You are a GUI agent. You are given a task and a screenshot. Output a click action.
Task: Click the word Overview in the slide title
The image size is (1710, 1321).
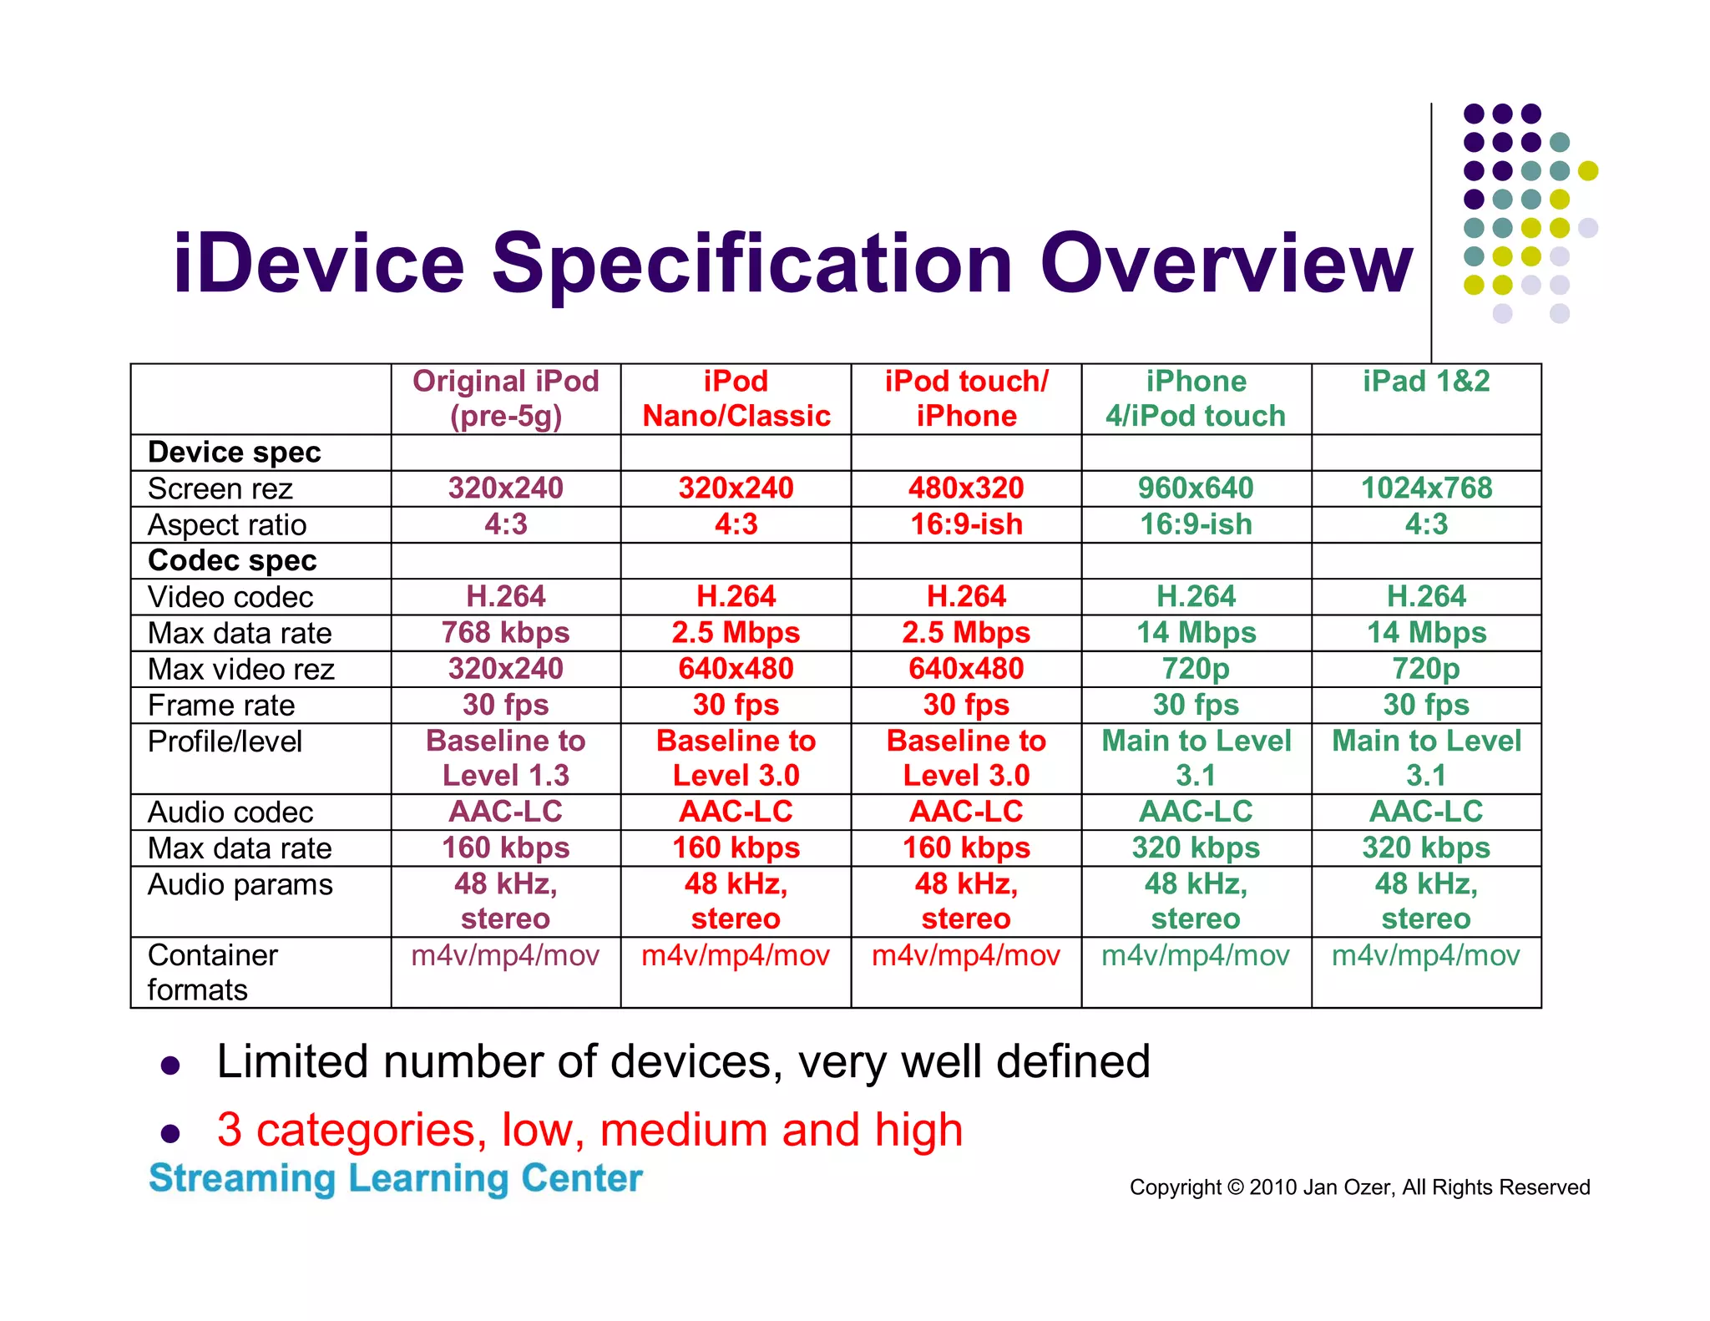coord(1225,265)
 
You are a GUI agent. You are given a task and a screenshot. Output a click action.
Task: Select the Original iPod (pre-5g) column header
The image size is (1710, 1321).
coord(506,398)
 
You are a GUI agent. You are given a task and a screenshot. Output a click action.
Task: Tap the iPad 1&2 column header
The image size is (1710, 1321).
coord(1426,382)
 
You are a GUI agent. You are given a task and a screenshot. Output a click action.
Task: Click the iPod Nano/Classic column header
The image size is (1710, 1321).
coord(736,398)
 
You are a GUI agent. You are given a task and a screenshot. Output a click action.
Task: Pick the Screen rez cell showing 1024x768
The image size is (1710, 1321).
coord(1426,488)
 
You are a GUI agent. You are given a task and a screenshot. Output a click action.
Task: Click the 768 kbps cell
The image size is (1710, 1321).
coord(506,633)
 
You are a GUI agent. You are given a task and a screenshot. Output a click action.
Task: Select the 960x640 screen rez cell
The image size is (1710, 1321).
coord(1196,488)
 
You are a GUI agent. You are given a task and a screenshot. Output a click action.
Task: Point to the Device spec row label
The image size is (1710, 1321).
coord(235,453)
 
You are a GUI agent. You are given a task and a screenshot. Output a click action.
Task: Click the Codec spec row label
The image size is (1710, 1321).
coord(232,560)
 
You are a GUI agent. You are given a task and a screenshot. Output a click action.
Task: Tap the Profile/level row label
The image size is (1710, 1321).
coord(225,741)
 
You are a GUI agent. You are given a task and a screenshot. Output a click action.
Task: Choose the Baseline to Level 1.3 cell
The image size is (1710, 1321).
coord(506,758)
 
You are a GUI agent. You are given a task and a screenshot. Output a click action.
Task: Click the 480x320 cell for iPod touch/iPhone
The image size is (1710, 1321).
coord(966,488)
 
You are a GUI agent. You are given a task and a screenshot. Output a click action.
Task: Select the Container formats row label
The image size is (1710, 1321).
coord(213,972)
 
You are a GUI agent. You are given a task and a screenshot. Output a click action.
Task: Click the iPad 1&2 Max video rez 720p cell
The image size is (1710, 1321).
coord(1426,669)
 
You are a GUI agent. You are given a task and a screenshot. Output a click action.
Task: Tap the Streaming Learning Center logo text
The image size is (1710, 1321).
coord(396,1178)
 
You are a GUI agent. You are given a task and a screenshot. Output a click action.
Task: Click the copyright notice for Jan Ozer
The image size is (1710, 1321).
coord(1359,1187)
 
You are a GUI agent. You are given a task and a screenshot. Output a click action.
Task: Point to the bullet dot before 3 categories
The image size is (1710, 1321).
coord(170,1133)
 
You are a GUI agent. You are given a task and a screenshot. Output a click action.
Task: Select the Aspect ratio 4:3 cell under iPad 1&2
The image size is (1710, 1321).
coord(1426,524)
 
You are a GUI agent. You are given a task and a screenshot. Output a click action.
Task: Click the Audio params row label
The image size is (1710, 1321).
coord(240,884)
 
